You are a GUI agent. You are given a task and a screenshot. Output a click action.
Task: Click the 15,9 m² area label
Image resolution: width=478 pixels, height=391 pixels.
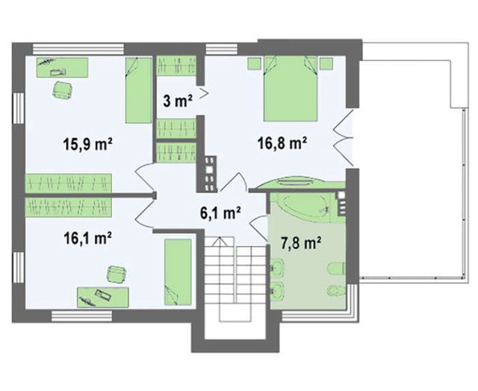[x=87, y=144]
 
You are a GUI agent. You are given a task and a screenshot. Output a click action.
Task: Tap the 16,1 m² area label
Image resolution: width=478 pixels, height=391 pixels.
[x=87, y=238]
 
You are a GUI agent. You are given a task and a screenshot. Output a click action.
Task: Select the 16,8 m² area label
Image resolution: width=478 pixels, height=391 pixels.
[x=282, y=143]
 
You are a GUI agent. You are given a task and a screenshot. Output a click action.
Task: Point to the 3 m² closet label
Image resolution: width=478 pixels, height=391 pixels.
[x=178, y=101]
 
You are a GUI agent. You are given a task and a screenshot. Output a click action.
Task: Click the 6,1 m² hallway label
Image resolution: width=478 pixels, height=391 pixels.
[x=220, y=213]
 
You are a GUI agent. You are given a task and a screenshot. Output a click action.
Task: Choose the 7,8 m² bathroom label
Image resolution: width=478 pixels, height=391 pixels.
[x=300, y=243]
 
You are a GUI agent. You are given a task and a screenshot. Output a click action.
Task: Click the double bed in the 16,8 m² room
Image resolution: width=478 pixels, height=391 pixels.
[x=291, y=89]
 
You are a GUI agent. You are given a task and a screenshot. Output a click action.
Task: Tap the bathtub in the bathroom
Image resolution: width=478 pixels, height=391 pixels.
[x=305, y=207]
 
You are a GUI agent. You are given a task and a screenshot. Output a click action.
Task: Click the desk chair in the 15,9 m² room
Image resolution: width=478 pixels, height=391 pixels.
[x=63, y=90]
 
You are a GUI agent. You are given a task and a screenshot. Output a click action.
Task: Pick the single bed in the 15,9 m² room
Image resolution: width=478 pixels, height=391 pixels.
[x=138, y=90]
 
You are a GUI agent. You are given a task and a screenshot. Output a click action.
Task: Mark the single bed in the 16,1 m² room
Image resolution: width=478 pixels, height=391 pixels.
[x=178, y=272]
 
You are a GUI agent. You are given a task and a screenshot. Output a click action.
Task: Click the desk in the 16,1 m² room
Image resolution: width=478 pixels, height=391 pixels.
[x=103, y=297]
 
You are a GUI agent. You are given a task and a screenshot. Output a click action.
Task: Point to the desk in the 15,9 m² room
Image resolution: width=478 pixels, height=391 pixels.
[x=63, y=67]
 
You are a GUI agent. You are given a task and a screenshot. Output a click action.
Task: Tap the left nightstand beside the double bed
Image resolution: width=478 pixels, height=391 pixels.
[x=254, y=63]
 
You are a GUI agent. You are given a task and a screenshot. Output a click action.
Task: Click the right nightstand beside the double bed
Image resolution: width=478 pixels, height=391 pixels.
[x=326, y=63]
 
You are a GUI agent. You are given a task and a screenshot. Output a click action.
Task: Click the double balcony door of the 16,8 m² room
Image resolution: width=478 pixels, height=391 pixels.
[x=344, y=137]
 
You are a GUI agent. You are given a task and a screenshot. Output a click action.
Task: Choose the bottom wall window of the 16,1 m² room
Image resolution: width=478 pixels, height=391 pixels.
[x=82, y=316]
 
